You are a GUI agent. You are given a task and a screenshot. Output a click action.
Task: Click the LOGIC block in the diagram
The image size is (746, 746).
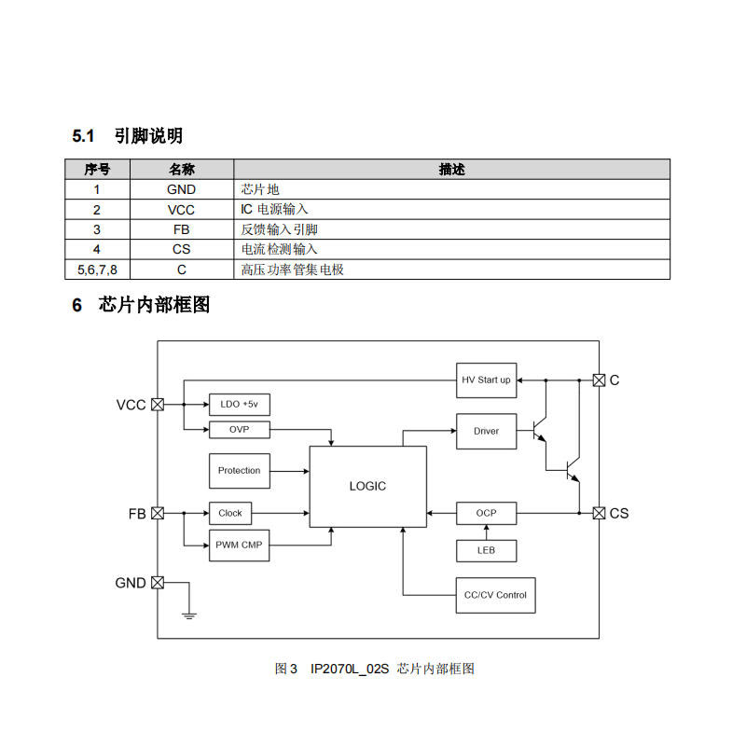pos(367,486)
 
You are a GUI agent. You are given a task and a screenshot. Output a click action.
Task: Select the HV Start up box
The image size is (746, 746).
pos(486,380)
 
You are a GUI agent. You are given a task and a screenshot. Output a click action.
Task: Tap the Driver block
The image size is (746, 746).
pos(486,431)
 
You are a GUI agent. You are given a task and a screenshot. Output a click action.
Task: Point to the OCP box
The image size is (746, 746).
pos(486,513)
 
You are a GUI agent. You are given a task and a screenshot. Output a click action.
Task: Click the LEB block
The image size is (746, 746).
pos(486,550)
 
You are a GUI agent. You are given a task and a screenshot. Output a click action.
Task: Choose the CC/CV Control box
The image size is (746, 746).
pos(495,595)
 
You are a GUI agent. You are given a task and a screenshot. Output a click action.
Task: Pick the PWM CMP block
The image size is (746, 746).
pos(239,545)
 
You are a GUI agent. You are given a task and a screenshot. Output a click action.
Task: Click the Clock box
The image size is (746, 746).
pos(229,513)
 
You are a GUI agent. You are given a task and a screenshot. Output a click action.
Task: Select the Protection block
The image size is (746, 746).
pos(239,470)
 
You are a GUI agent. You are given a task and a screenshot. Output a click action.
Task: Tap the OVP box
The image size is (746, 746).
pos(239,429)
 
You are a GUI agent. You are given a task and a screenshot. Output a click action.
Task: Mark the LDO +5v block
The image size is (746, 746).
pos(239,405)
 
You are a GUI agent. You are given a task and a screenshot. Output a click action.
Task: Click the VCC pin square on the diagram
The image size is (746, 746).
pos(158,405)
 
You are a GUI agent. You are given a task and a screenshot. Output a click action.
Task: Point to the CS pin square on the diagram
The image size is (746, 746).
pos(599,513)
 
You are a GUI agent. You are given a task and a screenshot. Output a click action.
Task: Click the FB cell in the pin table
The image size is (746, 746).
pos(181,229)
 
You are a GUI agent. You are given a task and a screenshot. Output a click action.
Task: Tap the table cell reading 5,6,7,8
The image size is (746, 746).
pos(97,269)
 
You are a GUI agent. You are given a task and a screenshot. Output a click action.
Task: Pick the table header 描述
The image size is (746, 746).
pos(451,170)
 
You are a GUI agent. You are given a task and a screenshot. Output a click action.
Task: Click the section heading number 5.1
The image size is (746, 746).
pos(84,136)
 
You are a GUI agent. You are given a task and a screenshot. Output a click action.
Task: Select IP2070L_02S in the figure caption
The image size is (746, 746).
pos(349,669)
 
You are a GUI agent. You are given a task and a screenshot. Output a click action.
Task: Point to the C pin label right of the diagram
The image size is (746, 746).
pos(615,380)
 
